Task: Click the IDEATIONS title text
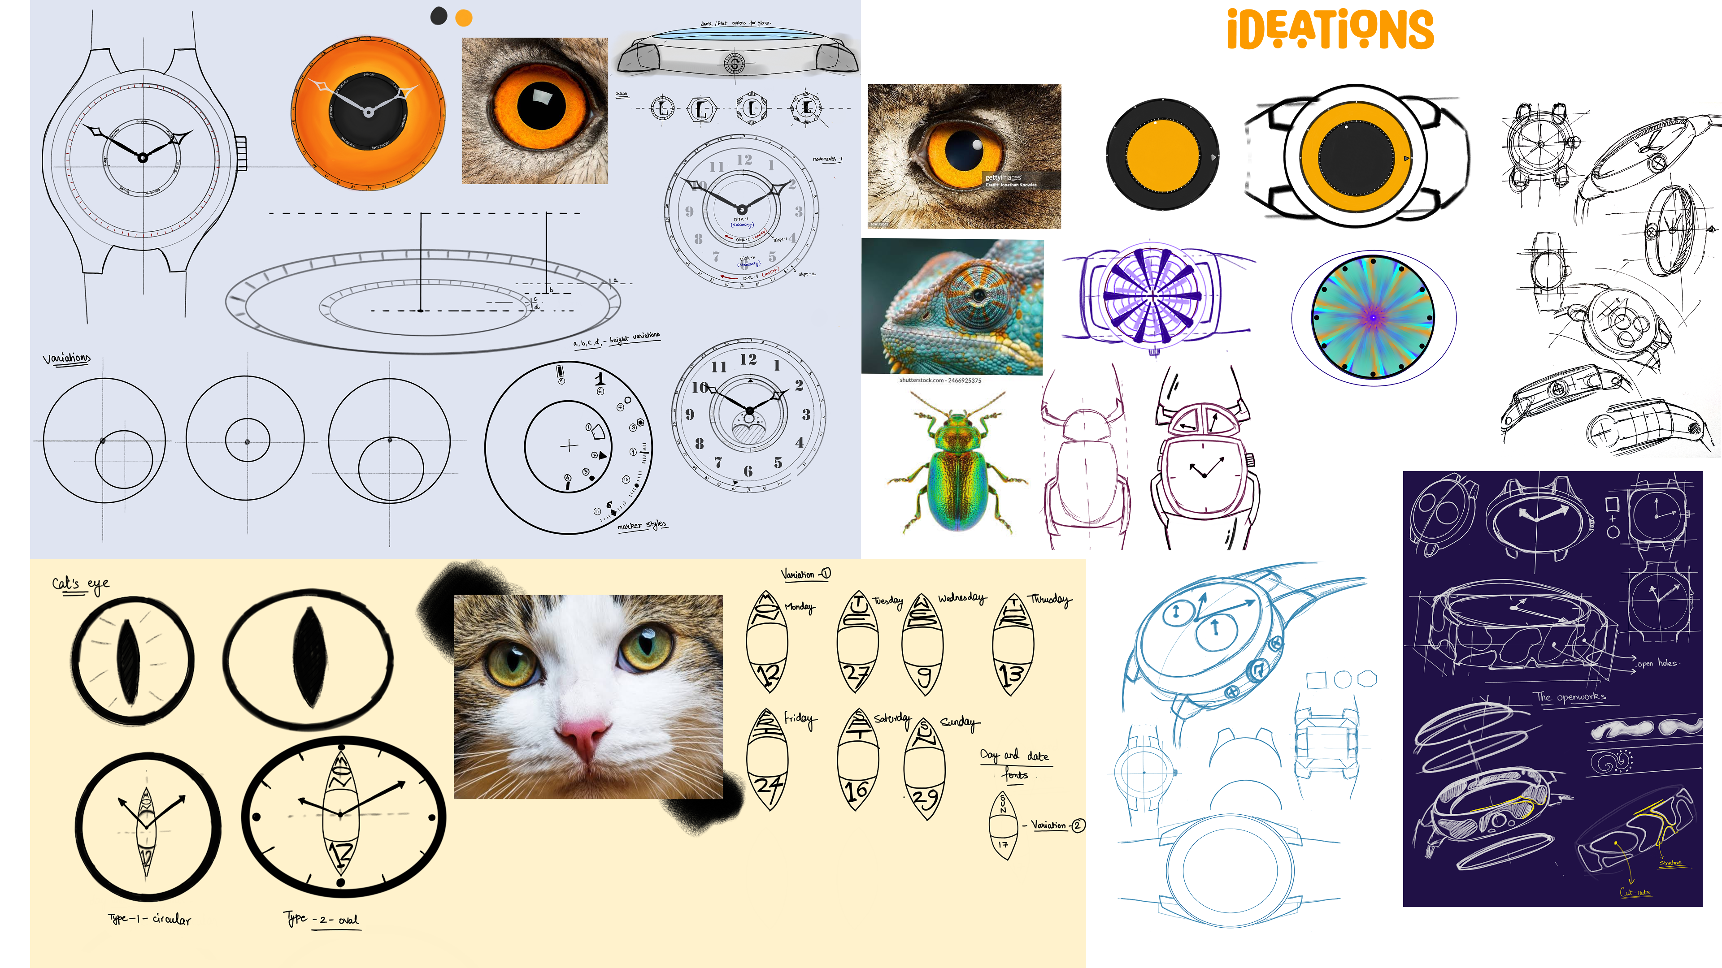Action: tap(1330, 30)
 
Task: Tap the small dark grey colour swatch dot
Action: tap(439, 16)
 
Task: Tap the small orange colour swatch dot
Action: tap(463, 18)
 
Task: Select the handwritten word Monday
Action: tap(800, 607)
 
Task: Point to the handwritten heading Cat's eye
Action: tap(80, 584)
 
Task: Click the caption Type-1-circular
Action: tap(150, 919)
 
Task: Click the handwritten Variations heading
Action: tap(66, 359)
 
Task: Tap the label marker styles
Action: tap(641, 525)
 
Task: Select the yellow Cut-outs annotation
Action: tap(1635, 892)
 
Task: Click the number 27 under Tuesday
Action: tap(857, 675)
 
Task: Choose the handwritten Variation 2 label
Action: tap(1057, 825)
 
